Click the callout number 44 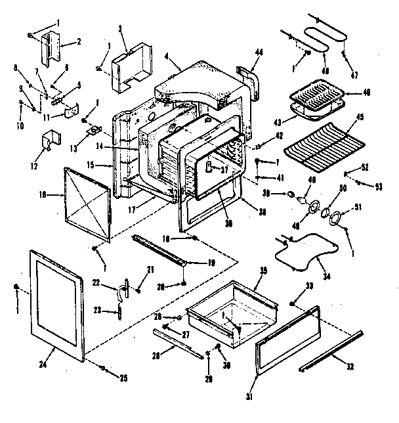259,52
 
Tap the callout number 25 122,377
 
